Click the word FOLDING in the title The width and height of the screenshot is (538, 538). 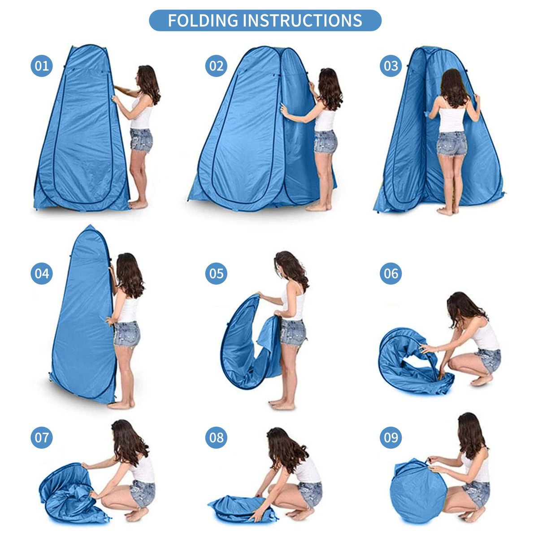coord(203,20)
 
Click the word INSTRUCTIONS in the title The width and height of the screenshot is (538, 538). coord(303,20)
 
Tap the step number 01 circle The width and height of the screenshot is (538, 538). coord(42,66)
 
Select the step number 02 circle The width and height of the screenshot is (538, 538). coord(216,66)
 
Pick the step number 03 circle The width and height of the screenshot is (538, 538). coord(390,66)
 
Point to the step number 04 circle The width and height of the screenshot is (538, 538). coord(42,273)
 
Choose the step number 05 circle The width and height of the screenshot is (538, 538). coord(216,273)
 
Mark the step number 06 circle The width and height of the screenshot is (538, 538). coord(390,273)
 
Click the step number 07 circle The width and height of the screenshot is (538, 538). coord(42,438)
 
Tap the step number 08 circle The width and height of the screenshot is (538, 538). coord(216,438)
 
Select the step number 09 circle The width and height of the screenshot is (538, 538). coord(390,438)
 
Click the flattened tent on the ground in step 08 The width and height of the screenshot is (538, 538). coord(242,504)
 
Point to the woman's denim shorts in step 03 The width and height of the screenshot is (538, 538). coord(451,143)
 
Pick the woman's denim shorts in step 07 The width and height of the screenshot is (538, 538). coord(142,491)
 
